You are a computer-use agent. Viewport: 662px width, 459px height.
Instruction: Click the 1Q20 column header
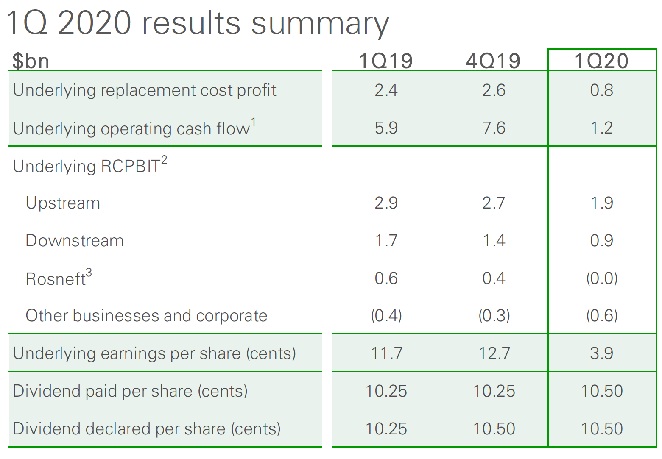(601, 61)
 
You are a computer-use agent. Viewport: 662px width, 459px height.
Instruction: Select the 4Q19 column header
(493, 61)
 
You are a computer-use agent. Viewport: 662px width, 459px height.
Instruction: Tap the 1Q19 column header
(385, 61)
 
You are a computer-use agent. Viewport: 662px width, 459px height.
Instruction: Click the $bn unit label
(31, 61)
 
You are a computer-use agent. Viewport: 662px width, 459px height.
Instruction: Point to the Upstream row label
(63, 203)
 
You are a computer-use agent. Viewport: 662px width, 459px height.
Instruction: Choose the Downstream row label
(75, 241)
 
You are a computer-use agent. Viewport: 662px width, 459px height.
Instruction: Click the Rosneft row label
(56, 279)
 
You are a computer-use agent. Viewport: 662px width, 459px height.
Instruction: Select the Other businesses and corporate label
(146, 316)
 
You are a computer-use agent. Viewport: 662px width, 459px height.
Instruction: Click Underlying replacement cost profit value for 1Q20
(601, 90)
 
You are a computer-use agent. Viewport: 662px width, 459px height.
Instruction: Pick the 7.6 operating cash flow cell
(494, 128)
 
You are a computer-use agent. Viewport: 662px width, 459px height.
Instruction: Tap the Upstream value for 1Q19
(386, 203)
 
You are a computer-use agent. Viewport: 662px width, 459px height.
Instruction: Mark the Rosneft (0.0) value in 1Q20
(602, 278)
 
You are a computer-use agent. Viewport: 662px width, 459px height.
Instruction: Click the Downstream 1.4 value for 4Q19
(494, 241)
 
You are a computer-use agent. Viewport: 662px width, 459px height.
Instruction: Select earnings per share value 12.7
(494, 353)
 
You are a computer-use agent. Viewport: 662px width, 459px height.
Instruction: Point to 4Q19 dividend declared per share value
(494, 428)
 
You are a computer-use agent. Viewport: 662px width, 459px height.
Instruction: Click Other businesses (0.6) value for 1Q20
(602, 316)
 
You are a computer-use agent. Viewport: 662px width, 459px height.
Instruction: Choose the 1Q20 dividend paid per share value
(602, 391)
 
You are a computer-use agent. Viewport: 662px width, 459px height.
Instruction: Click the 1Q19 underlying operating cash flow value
(386, 128)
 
